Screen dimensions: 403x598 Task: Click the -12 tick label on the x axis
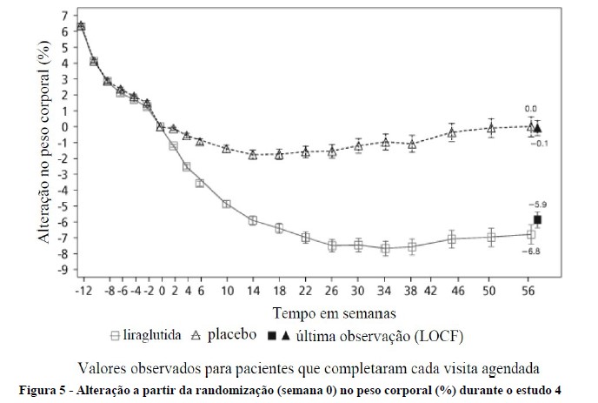coord(83,289)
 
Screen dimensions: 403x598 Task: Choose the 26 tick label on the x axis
coord(332,289)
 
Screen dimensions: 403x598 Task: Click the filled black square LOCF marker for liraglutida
coord(538,220)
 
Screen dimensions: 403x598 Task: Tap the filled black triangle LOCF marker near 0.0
coord(538,128)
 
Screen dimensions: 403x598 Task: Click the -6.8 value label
coord(531,252)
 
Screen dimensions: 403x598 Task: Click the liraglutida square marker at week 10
coord(226,205)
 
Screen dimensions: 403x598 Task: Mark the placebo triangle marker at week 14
coord(253,155)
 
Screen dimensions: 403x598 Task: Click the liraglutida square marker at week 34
coord(385,248)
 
